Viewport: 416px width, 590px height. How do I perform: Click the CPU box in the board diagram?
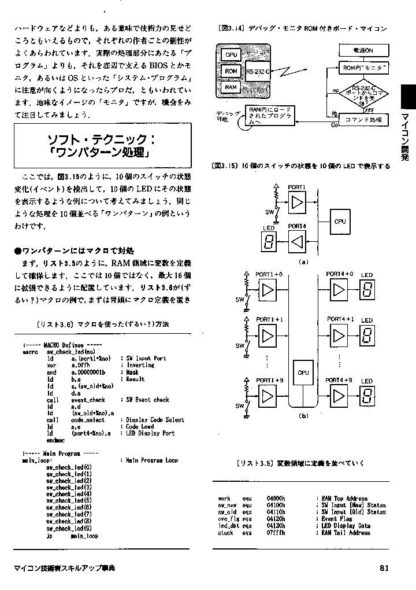(x=231, y=54)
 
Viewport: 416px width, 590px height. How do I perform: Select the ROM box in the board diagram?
(x=231, y=71)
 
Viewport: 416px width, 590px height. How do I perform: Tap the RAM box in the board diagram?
(x=231, y=87)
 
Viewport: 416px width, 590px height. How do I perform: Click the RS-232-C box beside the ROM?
(x=258, y=73)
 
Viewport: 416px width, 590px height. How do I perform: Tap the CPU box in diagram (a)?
(x=340, y=221)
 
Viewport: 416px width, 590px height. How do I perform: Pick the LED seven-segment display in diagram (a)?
(x=269, y=241)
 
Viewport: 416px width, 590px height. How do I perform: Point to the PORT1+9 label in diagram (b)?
(x=269, y=380)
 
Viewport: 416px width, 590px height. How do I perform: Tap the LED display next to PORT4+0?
(x=366, y=289)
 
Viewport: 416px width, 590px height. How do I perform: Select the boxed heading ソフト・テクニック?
(x=101, y=146)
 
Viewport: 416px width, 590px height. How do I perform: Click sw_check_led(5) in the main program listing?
(x=69, y=500)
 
